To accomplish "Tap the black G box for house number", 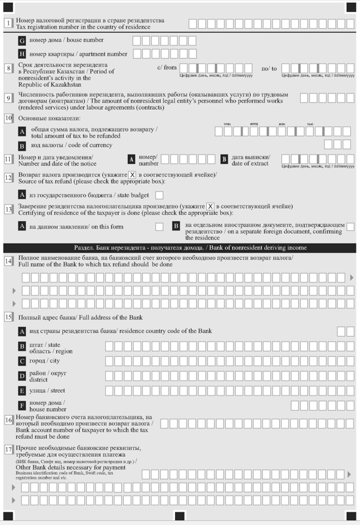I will pyautogui.click(x=23, y=41).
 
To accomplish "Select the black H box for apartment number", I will pyautogui.click(x=23, y=54).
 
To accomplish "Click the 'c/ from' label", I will pyautogui.click(x=167, y=68).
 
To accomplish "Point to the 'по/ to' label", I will pyautogui.click(x=269, y=68).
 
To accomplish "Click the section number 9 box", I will pyautogui.click(x=9, y=98).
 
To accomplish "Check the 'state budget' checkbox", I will pyautogui.click(x=159, y=195).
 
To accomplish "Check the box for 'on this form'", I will pyautogui.click(x=159, y=226).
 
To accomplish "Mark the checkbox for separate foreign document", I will pyautogui.click(x=350, y=227).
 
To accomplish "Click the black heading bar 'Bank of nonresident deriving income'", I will pyautogui.click(x=180, y=248).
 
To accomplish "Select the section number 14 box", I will pyautogui.click(x=9, y=261).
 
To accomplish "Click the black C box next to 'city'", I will pyautogui.click(x=23, y=362).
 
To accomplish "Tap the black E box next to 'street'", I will pyautogui.click(x=23, y=391).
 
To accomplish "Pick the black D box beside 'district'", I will pyautogui.click(x=23, y=376).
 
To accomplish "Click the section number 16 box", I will pyautogui.click(x=9, y=420).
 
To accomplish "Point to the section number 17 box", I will pyautogui.click(x=9, y=449).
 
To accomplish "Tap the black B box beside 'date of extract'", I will pyautogui.click(x=224, y=159).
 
